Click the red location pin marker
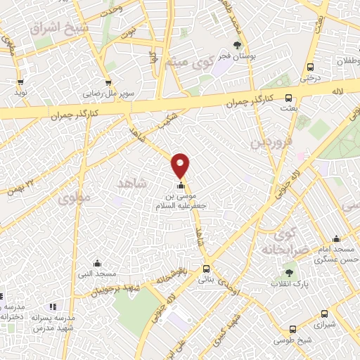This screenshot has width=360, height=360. point(181,165)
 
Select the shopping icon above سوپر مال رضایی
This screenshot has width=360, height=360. point(108,82)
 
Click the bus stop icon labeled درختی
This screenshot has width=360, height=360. point(310,67)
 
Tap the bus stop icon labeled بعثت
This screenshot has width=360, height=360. point(288,98)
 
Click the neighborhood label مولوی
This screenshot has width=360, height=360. point(77,198)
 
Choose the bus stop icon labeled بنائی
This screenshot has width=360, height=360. point(206,269)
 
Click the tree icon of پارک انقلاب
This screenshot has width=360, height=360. point(290,273)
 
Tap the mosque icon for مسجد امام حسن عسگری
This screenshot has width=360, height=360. point(336,238)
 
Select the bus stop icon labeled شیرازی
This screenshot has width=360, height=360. point(323,314)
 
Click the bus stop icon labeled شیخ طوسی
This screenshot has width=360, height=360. point(292,328)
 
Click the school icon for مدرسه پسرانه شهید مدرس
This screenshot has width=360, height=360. point(53,307)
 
